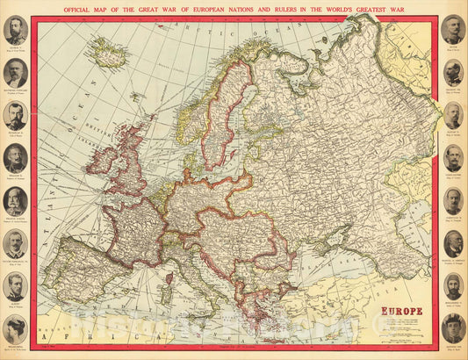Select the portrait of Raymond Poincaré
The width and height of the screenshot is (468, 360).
point(15,73)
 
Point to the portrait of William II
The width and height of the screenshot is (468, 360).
point(15,158)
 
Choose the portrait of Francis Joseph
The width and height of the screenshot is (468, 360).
point(15,201)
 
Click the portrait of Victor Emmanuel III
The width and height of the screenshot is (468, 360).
point(15,243)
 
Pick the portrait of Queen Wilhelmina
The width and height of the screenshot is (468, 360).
point(15,328)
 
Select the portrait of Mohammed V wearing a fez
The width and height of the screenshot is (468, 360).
point(452,285)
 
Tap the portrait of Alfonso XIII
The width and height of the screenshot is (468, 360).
point(452,328)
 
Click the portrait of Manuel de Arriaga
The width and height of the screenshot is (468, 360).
point(452,243)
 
